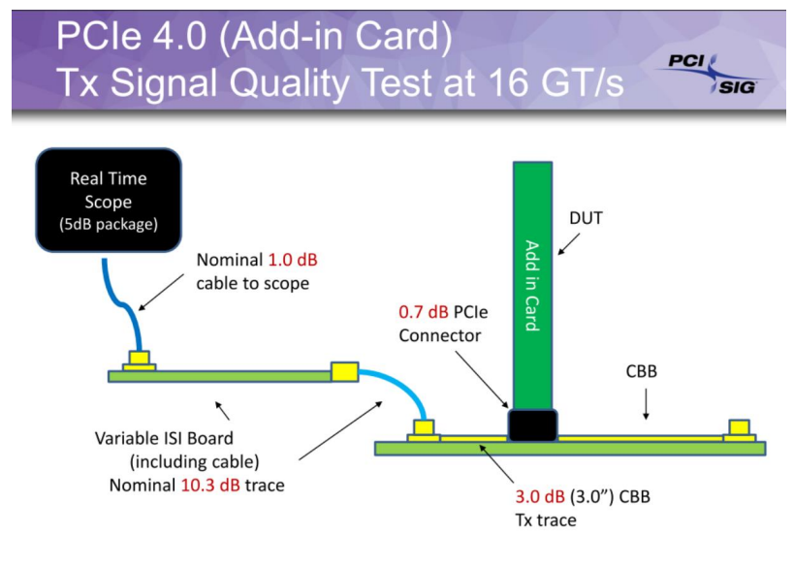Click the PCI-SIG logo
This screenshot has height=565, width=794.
(713, 74)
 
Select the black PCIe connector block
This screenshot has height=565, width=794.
(532, 424)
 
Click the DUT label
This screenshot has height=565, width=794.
(587, 218)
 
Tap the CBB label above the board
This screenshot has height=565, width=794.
(645, 370)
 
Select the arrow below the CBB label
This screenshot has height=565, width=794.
(646, 407)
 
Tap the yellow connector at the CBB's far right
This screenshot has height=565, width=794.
(740, 429)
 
